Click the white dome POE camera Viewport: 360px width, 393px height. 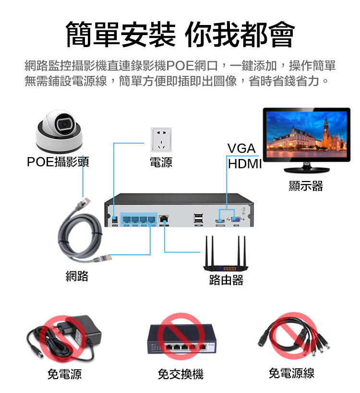coord(59,131)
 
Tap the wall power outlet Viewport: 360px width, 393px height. coord(161,140)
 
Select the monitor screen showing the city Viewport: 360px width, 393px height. coord(306,134)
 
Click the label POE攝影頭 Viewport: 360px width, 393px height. coord(58,161)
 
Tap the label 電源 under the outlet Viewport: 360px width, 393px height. coord(161,162)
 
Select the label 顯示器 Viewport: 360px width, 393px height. coord(306,186)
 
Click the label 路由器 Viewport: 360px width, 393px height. coord(226,280)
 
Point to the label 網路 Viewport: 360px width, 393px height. coord(77,276)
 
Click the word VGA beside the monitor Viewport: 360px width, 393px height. coord(241,148)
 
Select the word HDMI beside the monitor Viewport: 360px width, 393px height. coord(245,164)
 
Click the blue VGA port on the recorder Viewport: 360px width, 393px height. coord(236,220)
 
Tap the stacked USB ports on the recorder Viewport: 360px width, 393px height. coord(199,218)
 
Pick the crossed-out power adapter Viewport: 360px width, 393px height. coord(64,338)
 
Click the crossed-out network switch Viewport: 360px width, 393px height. coord(182,338)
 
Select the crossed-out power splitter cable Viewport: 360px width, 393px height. coord(293,335)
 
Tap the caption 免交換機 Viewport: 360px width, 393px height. coord(181,374)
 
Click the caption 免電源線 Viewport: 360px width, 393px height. coord(291,373)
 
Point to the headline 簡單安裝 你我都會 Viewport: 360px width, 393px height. coord(180,34)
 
